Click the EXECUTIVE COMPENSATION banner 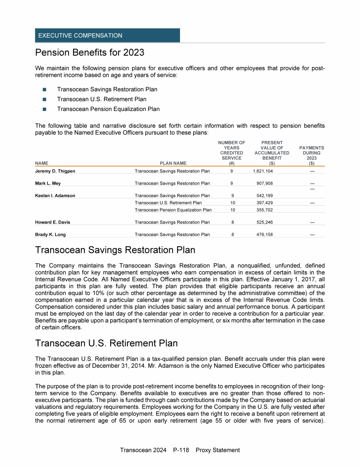107,36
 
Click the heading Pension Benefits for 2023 90,52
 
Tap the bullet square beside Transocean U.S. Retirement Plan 45,99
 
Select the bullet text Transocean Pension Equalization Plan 108,109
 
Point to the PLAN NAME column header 173,163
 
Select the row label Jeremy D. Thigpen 55,171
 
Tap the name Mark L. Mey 48,183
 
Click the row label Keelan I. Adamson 55,195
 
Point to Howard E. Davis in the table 53,222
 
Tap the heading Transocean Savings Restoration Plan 115,251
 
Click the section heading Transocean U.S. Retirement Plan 106,343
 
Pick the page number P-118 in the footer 180,450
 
